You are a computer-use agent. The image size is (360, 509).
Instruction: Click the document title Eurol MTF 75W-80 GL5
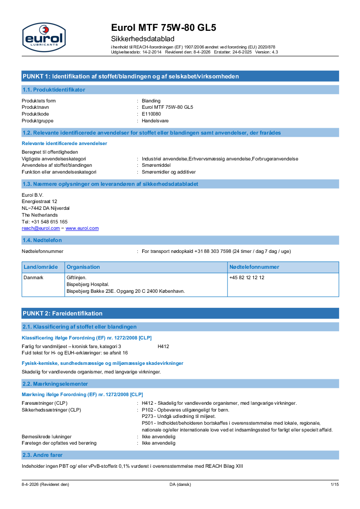coord(164,28)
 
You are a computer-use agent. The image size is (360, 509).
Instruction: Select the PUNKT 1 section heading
coord(131,76)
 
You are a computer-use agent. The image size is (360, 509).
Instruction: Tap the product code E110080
coord(151,114)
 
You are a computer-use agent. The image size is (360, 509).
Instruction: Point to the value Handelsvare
coord(155,121)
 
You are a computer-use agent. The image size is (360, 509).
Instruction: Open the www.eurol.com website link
coord(82,228)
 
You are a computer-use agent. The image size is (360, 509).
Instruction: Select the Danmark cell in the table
coord(34,277)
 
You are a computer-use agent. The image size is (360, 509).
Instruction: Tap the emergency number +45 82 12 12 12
coord(247,277)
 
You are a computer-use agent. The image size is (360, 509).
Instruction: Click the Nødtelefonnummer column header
coord(254,267)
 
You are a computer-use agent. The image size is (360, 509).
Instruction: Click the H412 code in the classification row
coord(163,346)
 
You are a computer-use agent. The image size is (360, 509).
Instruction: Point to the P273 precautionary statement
coord(179,416)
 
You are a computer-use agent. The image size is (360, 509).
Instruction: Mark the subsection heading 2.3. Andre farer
coord(43,455)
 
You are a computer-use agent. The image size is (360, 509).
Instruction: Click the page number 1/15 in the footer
coord(335,485)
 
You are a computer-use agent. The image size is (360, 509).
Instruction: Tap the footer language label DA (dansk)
coord(180,485)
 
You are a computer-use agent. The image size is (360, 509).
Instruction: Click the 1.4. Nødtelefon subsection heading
coord(42,240)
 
